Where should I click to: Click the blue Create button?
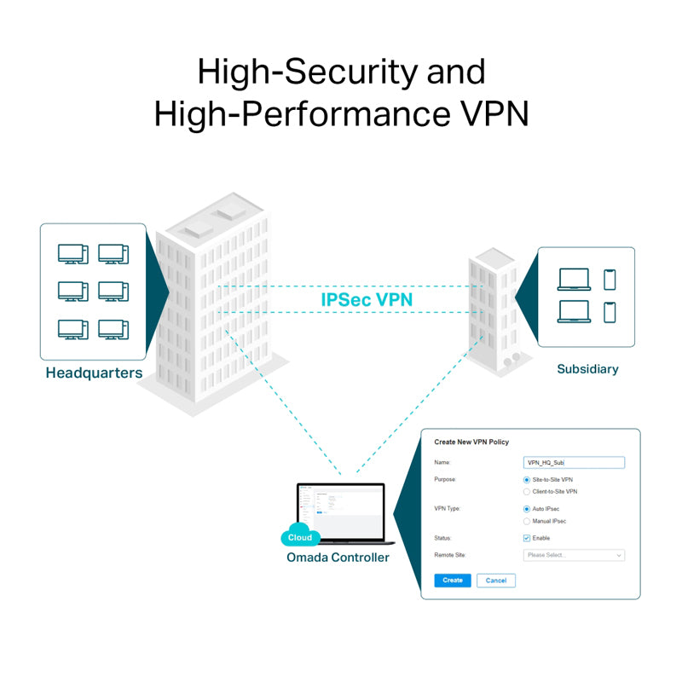pyautogui.click(x=453, y=581)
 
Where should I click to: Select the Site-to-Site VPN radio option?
pyautogui.click(x=527, y=480)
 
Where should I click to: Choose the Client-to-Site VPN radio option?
pyautogui.click(x=527, y=492)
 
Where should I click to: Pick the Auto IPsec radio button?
pyautogui.click(x=527, y=509)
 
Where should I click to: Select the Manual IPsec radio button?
pyautogui.click(x=527, y=521)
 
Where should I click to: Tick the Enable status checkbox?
pyautogui.click(x=527, y=538)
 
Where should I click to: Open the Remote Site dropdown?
pyautogui.click(x=574, y=555)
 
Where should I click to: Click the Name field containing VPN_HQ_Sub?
pyautogui.click(x=574, y=463)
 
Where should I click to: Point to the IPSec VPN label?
pyautogui.click(x=367, y=300)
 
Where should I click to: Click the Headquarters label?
pyautogui.click(x=94, y=373)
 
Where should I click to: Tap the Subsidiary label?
pyautogui.click(x=587, y=369)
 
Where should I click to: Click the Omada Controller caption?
pyautogui.click(x=338, y=558)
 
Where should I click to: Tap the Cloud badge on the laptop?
pyautogui.click(x=300, y=538)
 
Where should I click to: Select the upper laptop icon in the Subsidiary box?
pyautogui.click(x=574, y=280)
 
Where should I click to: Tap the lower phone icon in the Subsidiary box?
pyautogui.click(x=610, y=312)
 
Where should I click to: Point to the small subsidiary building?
pyautogui.click(x=493, y=311)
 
